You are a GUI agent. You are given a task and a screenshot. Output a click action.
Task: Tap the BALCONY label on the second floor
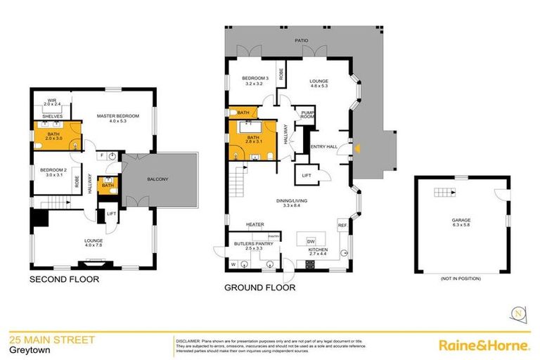point(157,180)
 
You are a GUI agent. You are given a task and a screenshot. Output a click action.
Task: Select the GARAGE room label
point(461,221)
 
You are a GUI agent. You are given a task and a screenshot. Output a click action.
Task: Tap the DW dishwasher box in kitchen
point(310,240)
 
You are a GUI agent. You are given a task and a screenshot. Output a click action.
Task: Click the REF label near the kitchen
point(342,226)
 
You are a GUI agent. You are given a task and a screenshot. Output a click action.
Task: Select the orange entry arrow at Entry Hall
point(357,148)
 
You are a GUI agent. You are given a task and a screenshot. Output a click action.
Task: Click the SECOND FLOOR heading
point(63,280)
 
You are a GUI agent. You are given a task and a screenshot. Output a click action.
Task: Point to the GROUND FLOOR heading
point(259,288)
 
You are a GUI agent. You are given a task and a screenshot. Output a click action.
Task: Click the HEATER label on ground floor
point(255,225)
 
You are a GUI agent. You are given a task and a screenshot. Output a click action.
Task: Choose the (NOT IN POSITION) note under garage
point(461,278)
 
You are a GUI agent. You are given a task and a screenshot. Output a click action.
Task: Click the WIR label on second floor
point(52,101)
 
